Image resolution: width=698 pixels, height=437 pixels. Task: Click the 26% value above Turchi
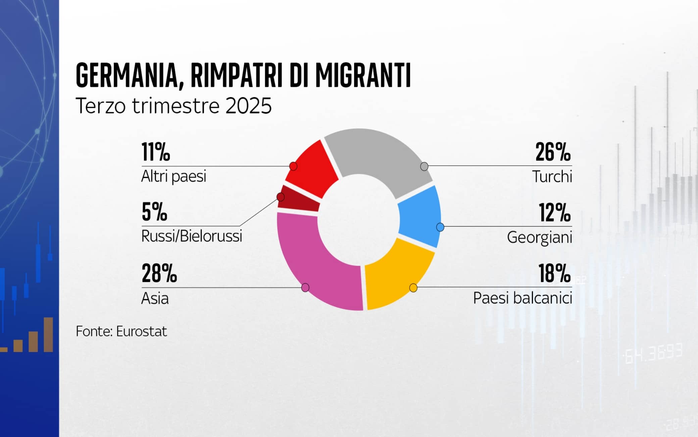(x=553, y=152)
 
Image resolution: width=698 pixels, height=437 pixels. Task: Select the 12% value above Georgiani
(x=554, y=213)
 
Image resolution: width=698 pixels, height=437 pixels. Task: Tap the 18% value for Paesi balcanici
(x=554, y=273)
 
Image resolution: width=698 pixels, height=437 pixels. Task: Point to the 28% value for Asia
(x=159, y=273)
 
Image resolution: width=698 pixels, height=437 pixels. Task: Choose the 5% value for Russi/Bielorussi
(x=154, y=212)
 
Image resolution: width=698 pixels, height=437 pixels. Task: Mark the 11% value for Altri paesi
(x=156, y=152)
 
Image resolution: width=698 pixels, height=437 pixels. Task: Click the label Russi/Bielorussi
(x=192, y=236)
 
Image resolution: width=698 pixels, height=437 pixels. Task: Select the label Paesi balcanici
(x=522, y=298)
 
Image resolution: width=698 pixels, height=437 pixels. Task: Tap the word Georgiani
(x=539, y=237)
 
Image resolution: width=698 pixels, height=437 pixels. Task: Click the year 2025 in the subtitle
(x=248, y=106)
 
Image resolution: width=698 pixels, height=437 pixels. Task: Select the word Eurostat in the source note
(x=141, y=332)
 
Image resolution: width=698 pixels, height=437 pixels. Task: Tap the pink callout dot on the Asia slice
(x=305, y=288)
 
